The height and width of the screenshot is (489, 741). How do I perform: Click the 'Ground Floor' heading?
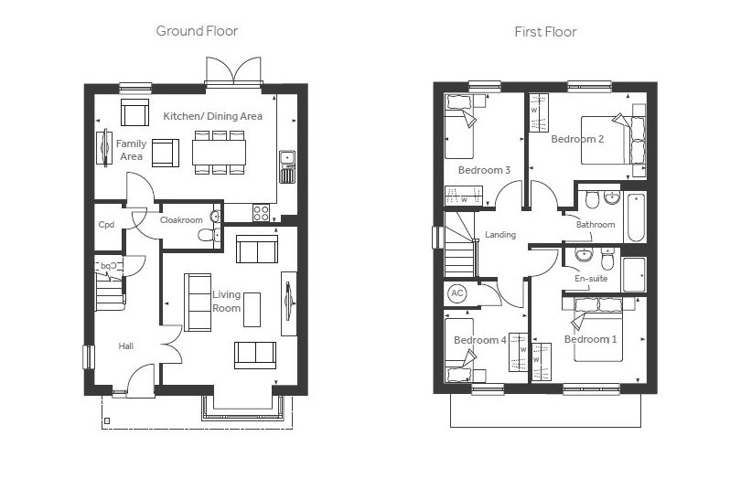pyautogui.click(x=197, y=31)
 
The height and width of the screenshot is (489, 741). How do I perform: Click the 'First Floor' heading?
pyautogui.click(x=545, y=32)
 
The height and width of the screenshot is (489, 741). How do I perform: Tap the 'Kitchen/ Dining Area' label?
pyautogui.click(x=213, y=116)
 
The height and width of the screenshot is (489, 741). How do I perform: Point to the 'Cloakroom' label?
pyautogui.click(x=180, y=220)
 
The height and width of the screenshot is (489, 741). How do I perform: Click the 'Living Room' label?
pyautogui.click(x=227, y=301)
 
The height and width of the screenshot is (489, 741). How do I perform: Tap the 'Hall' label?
pyautogui.click(x=125, y=346)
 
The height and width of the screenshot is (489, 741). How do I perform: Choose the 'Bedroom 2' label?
pyautogui.click(x=576, y=140)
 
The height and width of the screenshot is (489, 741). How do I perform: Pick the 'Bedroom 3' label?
pyautogui.click(x=483, y=170)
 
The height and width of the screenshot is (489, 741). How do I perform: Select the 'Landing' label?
pyautogui.click(x=500, y=235)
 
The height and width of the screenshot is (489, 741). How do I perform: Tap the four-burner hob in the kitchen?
pyautogui.click(x=261, y=212)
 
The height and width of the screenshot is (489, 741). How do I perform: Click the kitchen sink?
pyautogui.click(x=287, y=165)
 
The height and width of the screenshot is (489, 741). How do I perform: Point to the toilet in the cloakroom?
pyautogui.click(x=207, y=235)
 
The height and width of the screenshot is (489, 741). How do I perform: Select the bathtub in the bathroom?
pyautogui.click(x=634, y=217)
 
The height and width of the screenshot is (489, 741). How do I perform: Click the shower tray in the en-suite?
pyautogui.click(x=633, y=273)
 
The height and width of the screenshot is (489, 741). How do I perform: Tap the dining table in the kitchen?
pyautogui.click(x=219, y=151)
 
